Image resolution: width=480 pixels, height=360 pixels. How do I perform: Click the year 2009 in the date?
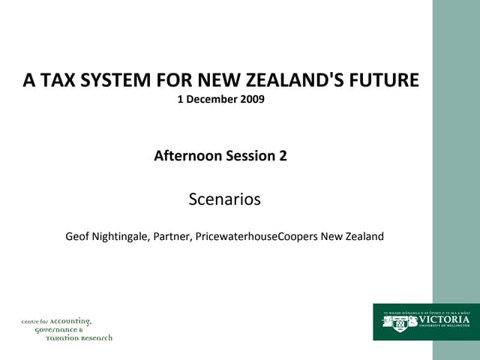[x=251, y=99]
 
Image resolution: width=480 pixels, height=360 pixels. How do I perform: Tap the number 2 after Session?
[x=283, y=156]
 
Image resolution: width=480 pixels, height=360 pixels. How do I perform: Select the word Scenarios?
[x=224, y=199]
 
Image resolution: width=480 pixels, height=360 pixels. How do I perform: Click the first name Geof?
[x=79, y=236]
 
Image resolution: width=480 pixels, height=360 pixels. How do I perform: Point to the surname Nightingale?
[x=121, y=236]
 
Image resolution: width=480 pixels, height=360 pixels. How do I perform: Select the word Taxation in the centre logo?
[x=64, y=337]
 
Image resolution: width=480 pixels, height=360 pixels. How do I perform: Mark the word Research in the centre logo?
[x=97, y=337]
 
